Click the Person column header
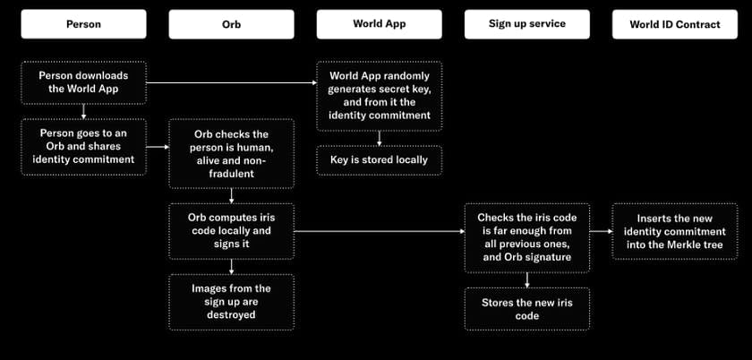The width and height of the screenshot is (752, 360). tap(83, 24)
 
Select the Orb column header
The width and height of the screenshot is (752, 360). tap(231, 24)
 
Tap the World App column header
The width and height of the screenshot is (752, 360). tap(379, 24)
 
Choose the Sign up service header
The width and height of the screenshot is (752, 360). tap(526, 24)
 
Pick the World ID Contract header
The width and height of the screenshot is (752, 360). tap(675, 24)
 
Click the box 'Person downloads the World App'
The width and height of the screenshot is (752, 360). tap(83, 82)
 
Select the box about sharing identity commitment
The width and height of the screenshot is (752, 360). tap(83, 146)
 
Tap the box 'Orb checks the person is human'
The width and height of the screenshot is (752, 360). tap(231, 154)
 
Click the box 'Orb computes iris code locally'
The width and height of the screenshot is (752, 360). tap(231, 231)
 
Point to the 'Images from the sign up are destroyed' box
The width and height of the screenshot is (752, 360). tap(231, 302)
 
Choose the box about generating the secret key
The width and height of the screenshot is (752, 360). tap(379, 96)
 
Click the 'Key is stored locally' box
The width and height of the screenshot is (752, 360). tap(379, 159)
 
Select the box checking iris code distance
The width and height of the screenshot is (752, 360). tap(526, 237)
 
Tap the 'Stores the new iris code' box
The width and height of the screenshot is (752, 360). tap(526, 309)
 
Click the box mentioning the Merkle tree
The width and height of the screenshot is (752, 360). tap(675, 231)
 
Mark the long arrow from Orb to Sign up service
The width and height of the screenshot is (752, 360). tap(380, 231)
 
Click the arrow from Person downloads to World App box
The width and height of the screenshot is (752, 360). tap(232, 82)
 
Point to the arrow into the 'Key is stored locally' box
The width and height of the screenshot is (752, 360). tap(379, 138)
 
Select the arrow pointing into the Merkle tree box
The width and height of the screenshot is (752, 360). tap(601, 231)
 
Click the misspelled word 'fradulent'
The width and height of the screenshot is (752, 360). tap(231, 174)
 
